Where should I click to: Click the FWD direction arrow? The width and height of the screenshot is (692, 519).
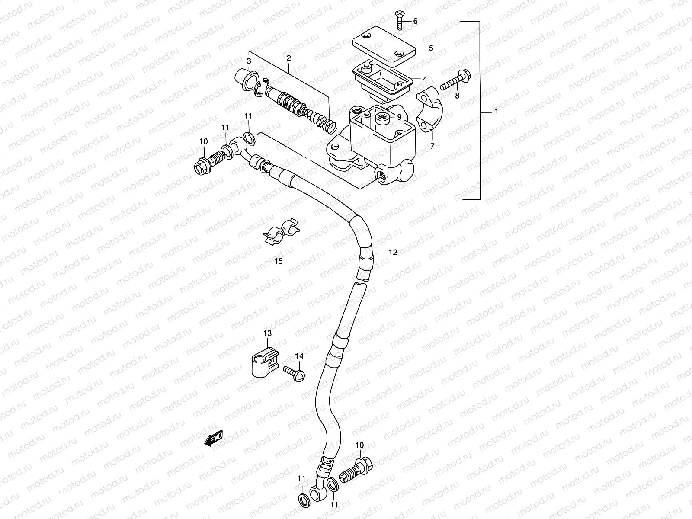tap(213, 439)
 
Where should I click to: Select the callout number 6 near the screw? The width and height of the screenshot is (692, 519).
tap(415, 21)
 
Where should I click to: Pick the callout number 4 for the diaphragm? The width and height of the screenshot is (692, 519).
tap(425, 79)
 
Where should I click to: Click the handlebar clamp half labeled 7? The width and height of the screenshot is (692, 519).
tap(429, 114)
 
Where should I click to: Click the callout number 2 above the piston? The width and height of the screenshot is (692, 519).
tap(288, 58)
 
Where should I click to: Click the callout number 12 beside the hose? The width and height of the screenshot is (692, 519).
tap(392, 253)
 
